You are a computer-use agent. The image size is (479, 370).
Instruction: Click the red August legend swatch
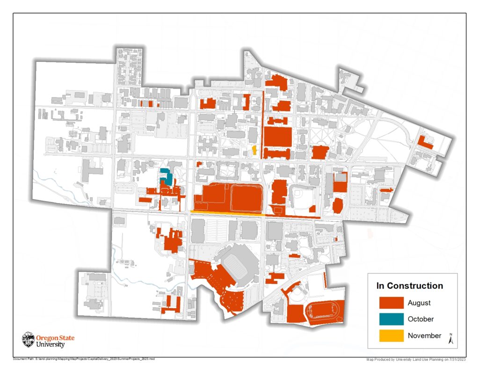coord(391,303)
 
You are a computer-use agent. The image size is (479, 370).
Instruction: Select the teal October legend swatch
coord(391,319)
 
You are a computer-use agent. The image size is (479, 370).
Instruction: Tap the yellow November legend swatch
coord(391,335)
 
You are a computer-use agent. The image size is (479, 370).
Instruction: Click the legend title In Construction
coord(410,286)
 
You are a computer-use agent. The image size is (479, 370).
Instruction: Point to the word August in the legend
coord(419,303)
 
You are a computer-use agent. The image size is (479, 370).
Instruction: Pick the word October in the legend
coord(421,319)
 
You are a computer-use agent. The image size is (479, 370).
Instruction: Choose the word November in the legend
coord(424,335)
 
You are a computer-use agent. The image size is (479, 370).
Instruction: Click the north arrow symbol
coord(451,339)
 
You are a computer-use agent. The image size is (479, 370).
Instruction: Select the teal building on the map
coord(166,176)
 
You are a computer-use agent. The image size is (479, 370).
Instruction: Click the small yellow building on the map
coord(254,150)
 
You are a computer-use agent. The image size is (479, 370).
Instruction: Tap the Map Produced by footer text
coord(416,359)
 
